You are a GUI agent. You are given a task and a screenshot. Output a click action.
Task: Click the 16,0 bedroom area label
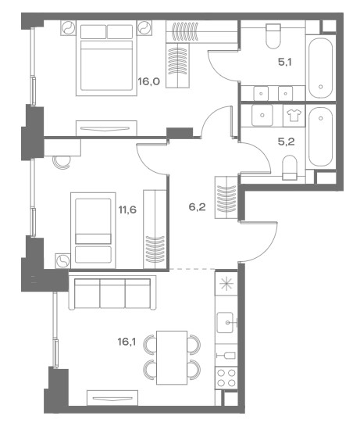(149, 81)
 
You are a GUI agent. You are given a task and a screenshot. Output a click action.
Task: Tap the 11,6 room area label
(127, 210)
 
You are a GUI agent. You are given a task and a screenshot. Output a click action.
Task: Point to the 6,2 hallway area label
(197, 206)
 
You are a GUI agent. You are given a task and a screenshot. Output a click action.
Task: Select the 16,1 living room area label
(127, 342)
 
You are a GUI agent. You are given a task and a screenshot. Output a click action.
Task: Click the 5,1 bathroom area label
(285, 62)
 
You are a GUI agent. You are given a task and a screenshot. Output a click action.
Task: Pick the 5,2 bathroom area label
(287, 142)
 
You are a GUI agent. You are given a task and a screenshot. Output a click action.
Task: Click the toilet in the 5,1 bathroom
(273, 36)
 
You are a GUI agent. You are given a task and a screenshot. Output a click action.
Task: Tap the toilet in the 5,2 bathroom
(290, 168)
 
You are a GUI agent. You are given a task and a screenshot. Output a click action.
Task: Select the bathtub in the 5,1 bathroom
(320, 68)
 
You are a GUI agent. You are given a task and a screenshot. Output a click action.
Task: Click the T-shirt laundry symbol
(294, 115)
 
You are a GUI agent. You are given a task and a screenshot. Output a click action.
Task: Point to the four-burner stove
(226, 378)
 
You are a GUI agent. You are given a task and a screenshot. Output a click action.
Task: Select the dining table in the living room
(172, 357)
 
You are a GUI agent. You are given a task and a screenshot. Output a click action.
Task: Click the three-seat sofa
(112, 292)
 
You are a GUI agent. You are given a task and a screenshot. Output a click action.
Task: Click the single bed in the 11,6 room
(93, 231)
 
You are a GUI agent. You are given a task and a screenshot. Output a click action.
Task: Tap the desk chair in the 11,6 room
(62, 163)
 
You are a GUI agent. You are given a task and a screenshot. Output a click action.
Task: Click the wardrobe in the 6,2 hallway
(226, 198)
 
